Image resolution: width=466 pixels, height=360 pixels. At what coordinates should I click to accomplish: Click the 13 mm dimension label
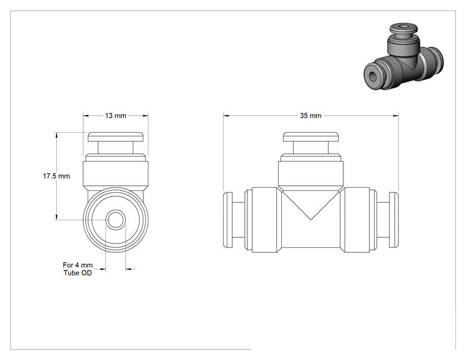[x=116, y=116]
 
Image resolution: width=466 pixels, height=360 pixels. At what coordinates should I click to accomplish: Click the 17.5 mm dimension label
[x=56, y=176]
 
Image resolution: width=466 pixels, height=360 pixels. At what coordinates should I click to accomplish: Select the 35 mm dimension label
[x=311, y=116]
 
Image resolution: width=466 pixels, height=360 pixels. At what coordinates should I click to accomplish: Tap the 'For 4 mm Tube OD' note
[x=78, y=269]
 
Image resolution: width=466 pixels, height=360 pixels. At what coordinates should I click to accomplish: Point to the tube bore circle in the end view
[x=116, y=220]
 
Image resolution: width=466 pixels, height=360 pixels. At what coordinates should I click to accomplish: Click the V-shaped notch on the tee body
[x=311, y=205]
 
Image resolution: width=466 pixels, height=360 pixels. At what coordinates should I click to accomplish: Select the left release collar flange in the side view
[x=227, y=220]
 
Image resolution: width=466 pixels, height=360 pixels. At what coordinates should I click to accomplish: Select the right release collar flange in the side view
[x=394, y=220]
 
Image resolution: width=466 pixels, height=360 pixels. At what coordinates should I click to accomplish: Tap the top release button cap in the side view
[x=311, y=136]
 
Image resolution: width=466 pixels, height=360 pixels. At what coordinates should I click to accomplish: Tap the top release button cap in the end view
[x=116, y=136]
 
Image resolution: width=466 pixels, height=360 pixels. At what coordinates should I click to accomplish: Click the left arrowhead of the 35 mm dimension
[x=226, y=116]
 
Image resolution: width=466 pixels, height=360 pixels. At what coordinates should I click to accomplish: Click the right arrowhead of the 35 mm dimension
[x=396, y=116]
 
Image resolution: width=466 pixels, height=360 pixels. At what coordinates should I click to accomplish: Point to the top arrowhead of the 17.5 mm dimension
[x=56, y=135]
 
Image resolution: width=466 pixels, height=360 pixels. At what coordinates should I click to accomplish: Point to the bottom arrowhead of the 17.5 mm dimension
[x=56, y=217]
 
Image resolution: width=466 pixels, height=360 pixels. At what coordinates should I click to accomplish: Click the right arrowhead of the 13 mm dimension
[x=145, y=116]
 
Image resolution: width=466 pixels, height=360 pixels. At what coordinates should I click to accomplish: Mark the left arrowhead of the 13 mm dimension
[x=86, y=116]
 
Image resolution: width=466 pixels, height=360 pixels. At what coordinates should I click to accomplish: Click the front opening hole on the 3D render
[x=373, y=76]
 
